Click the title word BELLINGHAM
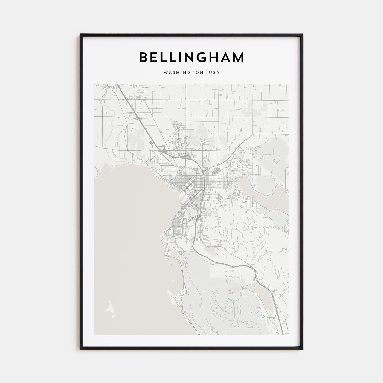[191, 57]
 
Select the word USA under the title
[214, 73]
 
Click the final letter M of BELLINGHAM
[238, 57]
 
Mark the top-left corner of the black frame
[80, 34]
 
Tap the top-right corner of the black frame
[303, 34]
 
